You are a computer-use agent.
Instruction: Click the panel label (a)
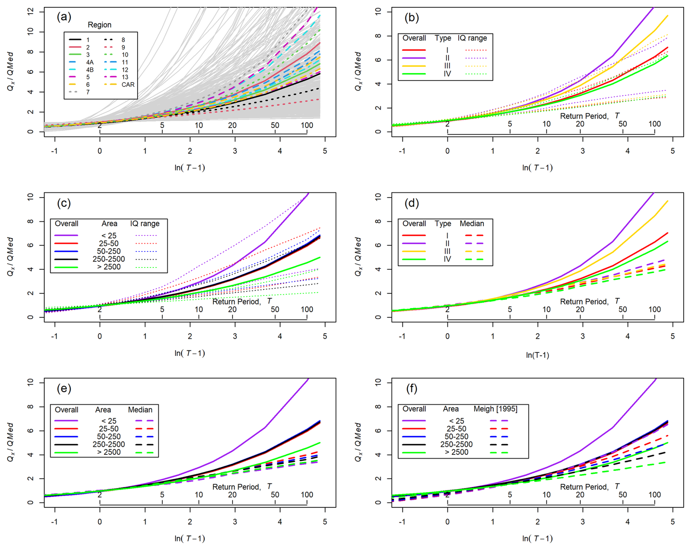point(64,17)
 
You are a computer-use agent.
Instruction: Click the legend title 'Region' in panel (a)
point(99,25)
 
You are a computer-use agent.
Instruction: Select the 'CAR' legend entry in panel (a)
point(128,85)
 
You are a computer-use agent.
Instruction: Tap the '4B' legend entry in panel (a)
point(89,70)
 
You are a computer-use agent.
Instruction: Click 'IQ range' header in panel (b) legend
point(472,38)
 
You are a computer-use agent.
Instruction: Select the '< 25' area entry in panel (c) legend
point(109,236)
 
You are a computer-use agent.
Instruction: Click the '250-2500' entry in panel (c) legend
point(108,259)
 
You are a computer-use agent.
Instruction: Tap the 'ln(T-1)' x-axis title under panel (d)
point(537,355)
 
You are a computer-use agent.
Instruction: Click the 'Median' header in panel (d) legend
point(472,223)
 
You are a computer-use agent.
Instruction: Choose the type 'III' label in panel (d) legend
point(447,251)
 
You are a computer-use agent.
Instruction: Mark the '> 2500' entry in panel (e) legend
point(108,452)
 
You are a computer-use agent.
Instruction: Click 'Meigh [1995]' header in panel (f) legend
point(495,409)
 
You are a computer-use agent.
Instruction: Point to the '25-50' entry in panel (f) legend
point(456,429)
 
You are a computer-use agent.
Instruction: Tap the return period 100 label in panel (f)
point(654,495)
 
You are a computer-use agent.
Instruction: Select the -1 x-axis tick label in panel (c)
point(54,336)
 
